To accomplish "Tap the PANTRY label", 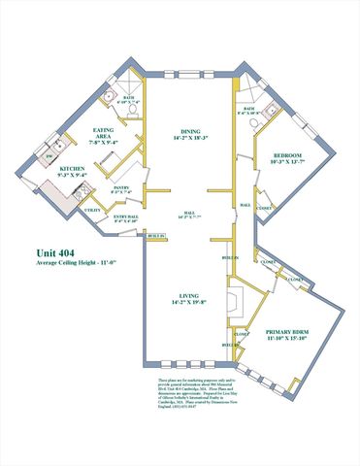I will [x=121, y=187].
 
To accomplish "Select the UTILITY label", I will [x=93, y=210].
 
